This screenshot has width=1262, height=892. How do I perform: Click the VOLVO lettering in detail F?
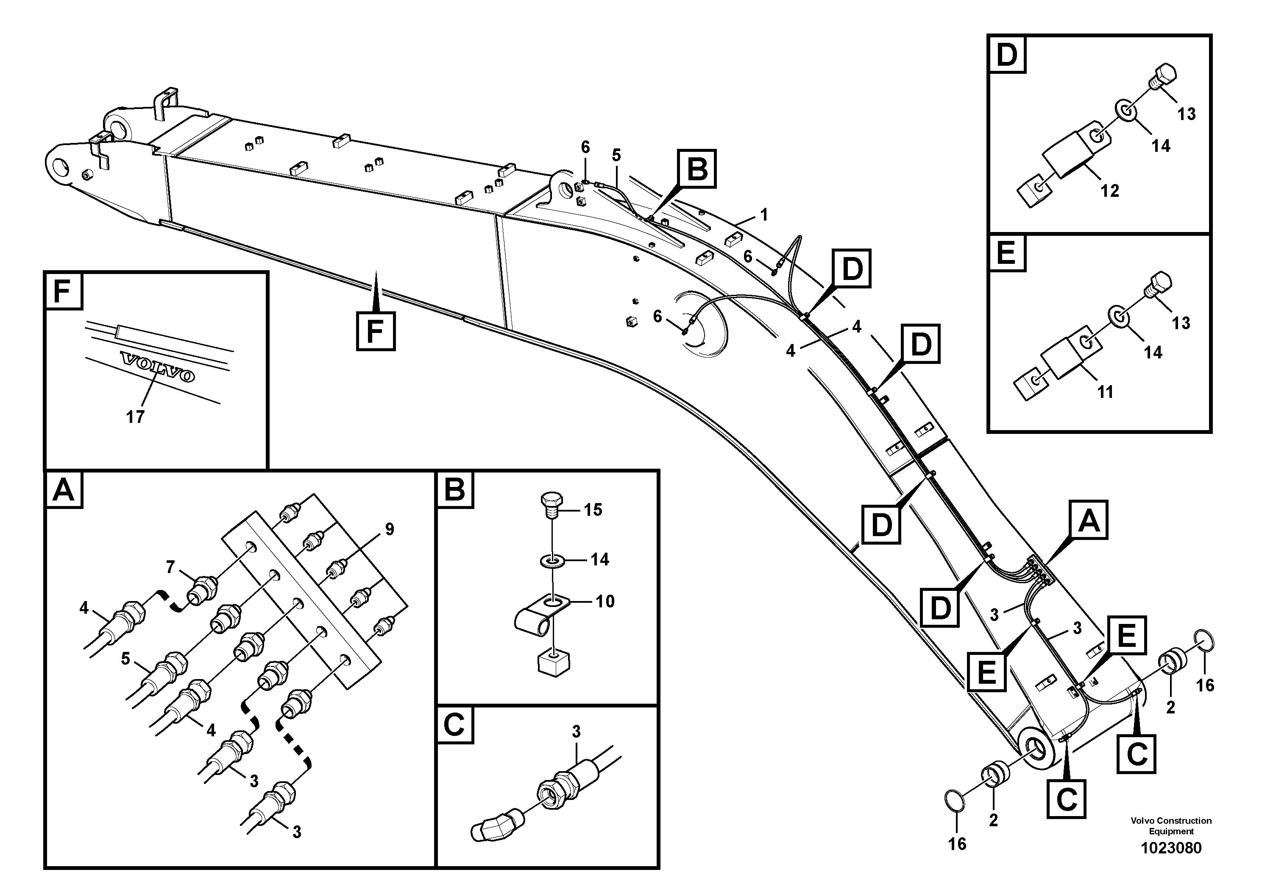click(158, 367)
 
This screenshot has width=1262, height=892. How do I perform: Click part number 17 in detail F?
click(135, 417)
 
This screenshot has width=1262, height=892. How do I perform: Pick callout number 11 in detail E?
click(1105, 392)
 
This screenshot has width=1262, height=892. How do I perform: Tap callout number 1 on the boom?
click(763, 215)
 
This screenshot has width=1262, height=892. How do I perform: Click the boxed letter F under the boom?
click(376, 331)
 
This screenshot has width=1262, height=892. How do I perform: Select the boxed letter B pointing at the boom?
click(697, 169)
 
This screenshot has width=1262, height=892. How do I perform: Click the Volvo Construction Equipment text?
click(1171, 825)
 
